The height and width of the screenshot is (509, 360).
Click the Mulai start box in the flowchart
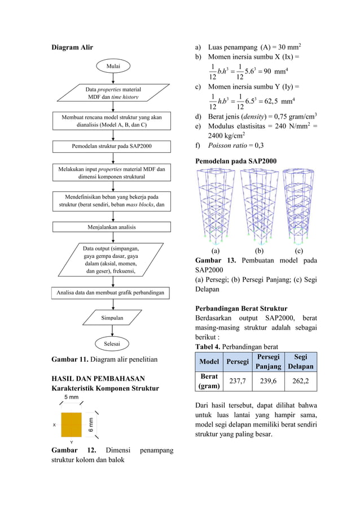113,67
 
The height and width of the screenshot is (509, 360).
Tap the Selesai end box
113,343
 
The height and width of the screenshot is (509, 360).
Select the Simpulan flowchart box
113,318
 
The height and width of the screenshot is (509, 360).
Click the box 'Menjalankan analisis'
112,227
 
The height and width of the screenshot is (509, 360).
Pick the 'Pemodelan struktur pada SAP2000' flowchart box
112,146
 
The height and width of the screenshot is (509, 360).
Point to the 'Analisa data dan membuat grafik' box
112,293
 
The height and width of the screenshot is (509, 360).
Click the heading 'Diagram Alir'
72,47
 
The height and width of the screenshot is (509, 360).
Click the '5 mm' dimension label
71,398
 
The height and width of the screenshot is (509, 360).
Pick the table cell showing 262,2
300,381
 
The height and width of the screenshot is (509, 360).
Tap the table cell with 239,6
268,381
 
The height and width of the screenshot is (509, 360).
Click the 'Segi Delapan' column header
300,361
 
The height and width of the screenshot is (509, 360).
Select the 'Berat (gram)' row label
209,381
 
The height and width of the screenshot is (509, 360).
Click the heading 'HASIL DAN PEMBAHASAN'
98,378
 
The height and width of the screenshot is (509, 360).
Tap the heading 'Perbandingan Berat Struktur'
241,309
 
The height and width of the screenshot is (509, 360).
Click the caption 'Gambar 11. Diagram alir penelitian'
104,358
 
